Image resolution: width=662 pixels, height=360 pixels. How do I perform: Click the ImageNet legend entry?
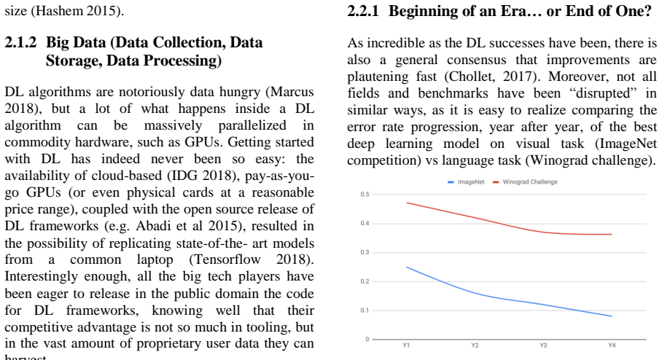click(x=466, y=182)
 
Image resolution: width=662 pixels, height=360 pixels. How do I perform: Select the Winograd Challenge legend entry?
click(x=525, y=182)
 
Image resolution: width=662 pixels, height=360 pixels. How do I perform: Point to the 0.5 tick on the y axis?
click(x=365, y=194)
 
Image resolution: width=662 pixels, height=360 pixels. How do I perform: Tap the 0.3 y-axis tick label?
click(x=365, y=252)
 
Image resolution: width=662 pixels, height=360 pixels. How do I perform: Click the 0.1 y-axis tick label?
click(x=365, y=310)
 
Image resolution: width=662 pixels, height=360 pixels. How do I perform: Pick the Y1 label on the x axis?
click(x=406, y=345)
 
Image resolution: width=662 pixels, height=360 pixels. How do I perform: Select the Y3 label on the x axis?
click(x=543, y=345)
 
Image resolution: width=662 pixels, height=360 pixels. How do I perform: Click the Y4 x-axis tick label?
click(x=612, y=345)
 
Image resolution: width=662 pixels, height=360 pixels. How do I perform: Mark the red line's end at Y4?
click(x=612, y=234)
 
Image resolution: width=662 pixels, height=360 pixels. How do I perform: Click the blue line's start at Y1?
click(x=407, y=267)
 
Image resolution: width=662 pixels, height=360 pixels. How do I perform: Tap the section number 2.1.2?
click(x=20, y=42)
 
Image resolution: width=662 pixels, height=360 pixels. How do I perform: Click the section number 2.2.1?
click(x=363, y=11)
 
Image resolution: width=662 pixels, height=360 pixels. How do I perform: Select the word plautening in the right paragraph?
click(x=378, y=77)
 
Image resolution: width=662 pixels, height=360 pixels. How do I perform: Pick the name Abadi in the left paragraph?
click(x=149, y=226)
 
